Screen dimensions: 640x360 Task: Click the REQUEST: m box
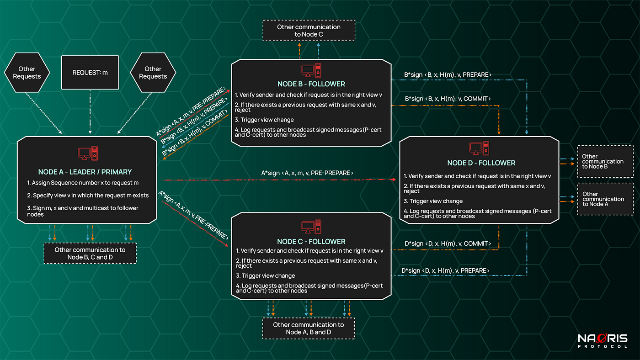(90, 73)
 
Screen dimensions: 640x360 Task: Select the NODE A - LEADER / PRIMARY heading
(85, 172)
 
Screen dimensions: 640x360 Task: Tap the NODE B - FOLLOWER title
(311, 84)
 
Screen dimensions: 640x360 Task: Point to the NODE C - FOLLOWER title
(311, 242)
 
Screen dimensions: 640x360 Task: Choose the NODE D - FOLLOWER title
(481, 163)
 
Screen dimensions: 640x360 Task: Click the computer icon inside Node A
(88, 154)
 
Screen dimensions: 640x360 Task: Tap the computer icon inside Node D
(479, 148)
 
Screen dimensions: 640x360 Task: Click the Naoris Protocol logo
(603, 341)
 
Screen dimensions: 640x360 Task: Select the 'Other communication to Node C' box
(309, 31)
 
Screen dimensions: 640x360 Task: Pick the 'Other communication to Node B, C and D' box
(90, 254)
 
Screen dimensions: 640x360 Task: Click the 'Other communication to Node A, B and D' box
(309, 328)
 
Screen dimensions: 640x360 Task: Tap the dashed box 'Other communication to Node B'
(605, 162)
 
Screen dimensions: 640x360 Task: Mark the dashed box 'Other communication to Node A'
(605, 199)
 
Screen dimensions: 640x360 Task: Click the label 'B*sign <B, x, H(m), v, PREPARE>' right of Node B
(448, 75)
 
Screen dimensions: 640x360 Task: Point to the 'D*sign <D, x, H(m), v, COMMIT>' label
(448, 244)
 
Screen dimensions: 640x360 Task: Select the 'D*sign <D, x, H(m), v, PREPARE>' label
(445, 270)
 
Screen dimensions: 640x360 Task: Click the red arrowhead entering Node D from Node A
(394, 180)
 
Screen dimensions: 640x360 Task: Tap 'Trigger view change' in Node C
(266, 276)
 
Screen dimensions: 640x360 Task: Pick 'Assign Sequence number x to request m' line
(83, 183)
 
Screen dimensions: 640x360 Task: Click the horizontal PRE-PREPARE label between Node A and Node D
(307, 173)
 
